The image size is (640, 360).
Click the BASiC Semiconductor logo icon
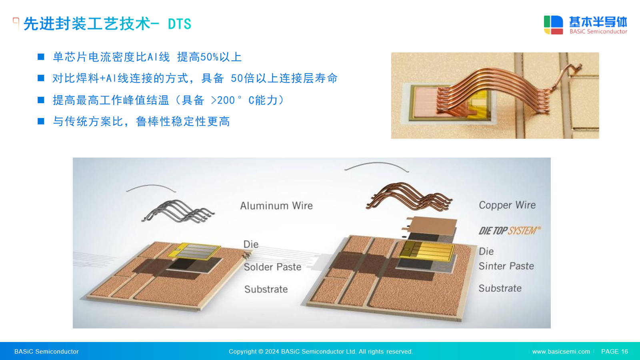(x=554, y=25)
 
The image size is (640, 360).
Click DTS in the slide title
(x=180, y=24)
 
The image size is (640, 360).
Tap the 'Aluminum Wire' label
(x=276, y=206)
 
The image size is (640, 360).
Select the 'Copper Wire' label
(x=507, y=205)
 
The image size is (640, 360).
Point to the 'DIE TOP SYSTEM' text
(x=510, y=230)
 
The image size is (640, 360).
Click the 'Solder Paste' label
(x=272, y=267)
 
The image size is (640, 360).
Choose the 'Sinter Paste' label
(x=506, y=266)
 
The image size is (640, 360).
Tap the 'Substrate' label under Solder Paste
(x=266, y=289)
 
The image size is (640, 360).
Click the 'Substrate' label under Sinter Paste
(x=500, y=288)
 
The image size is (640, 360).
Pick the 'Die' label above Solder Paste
(x=251, y=244)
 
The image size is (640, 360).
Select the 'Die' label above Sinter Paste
(x=486, y=252)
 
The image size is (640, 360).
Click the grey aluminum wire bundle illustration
(x=178, y=212)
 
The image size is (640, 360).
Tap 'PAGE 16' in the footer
(x=614, y=352)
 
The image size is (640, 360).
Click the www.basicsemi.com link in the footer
(x=561, y=352)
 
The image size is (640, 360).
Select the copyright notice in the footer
(x=321, y=352)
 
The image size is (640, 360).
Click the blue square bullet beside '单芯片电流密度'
(x=41, y=57)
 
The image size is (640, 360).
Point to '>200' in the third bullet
(x=222, y=100)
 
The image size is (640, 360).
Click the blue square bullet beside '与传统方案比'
(x=41, y=122)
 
